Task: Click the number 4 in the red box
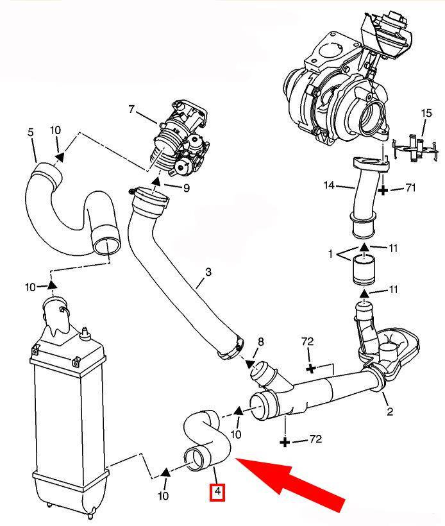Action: (x=217, y=492)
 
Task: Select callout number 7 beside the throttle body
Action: (x=131, y=109)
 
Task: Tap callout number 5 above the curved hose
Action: (x=31, y=132)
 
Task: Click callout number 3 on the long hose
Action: (x=208, y=272)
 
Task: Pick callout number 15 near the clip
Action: (x=426, y=113)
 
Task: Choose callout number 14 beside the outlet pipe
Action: (x=330, y=185)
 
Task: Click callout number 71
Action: (x=410, y=187)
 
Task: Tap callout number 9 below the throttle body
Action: (x=186, y=188)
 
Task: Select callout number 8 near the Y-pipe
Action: (x=260, y=342)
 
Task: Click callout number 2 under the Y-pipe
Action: (x=389, y=412)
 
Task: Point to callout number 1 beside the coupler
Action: (x=331, y=254)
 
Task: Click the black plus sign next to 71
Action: (x=383, y=191)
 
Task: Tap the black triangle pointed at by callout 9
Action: (x=156, y=182)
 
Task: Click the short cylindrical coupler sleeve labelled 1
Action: (x=364, y=269)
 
